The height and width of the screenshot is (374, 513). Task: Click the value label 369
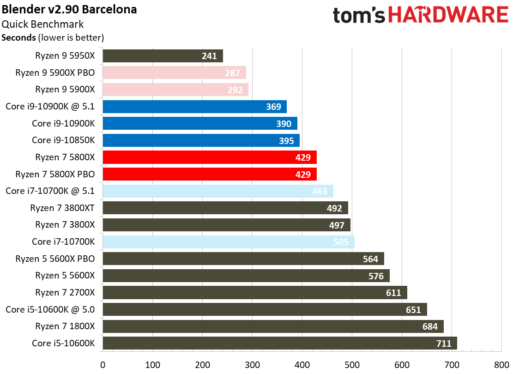pos(273,107)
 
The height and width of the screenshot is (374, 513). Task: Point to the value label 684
pos(430,326)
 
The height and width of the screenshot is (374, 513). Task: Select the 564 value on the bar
pos(371,259)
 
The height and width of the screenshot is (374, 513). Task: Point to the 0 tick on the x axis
pos(103,364)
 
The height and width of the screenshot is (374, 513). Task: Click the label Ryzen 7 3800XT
pos(62,208)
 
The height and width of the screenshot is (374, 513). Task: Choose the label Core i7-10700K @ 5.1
pos(50,191)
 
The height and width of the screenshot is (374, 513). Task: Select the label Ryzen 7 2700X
pos(65,292)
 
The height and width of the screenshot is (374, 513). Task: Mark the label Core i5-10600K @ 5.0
pos(50,309)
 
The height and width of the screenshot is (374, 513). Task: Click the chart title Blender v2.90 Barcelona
pos(69,9)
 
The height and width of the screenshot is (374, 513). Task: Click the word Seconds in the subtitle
pos(18,37)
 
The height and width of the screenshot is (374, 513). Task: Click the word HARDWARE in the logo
pos(448,15)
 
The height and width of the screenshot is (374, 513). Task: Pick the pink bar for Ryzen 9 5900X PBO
pos(174,72)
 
